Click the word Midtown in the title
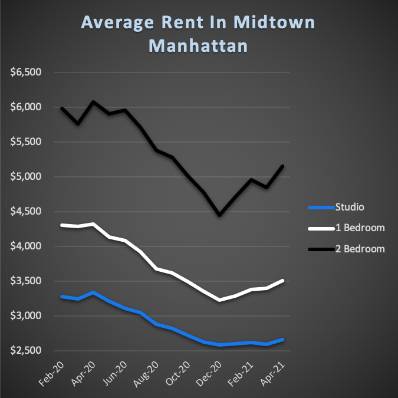[272, 23]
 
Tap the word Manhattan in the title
[198, 45]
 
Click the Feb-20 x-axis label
[54, 373]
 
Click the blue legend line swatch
[321, 208]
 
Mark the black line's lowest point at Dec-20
[219, 215]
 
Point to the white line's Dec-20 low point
[219, 300]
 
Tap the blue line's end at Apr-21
[282, 340]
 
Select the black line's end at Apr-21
[282, 166]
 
